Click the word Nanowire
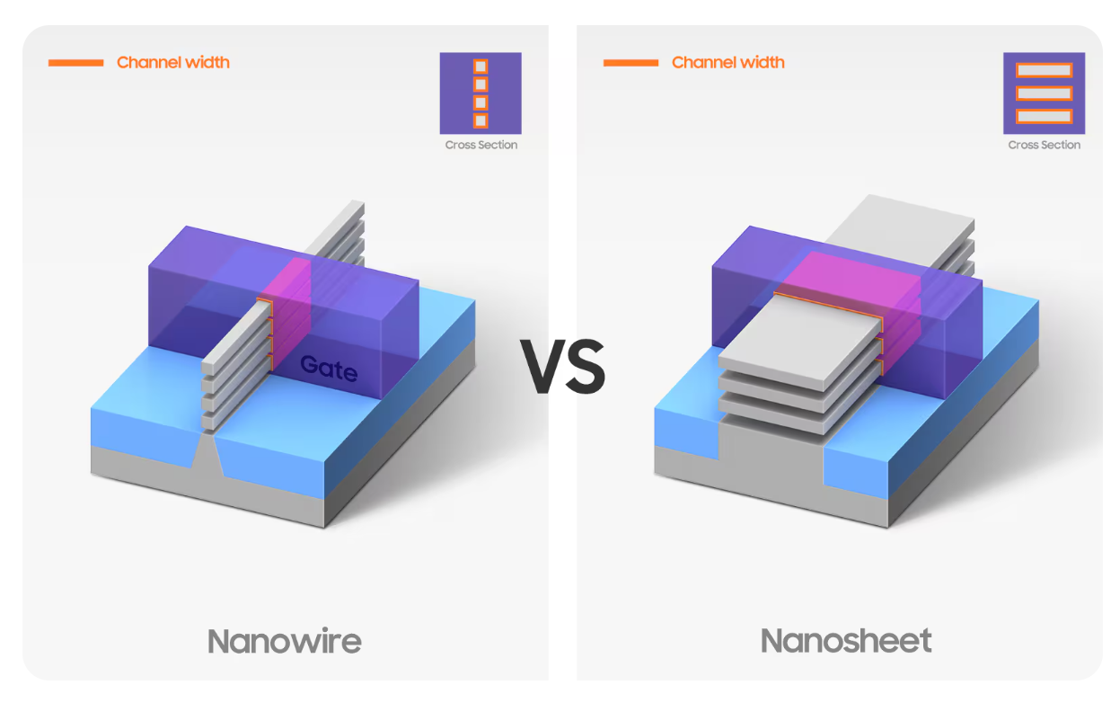(x=284, y=641)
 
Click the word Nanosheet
(x=845, y=641)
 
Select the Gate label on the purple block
(x=328, y=368)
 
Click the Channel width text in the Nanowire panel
(x=173, y=62)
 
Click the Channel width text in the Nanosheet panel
(x=728, y=62)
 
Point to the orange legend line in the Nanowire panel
(x=75, y=62)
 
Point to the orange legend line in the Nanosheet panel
(x=630, y=62)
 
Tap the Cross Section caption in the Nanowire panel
(x=481, y=145)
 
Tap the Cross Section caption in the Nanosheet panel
(x=1044, y=145)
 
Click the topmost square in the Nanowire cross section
(x=481, y=67)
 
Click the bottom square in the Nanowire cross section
(x=481, y=120)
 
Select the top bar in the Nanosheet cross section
(x=1044, y=70)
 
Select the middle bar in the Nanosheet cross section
(x=1044, y=93)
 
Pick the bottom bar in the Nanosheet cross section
(x=1044, y=116)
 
